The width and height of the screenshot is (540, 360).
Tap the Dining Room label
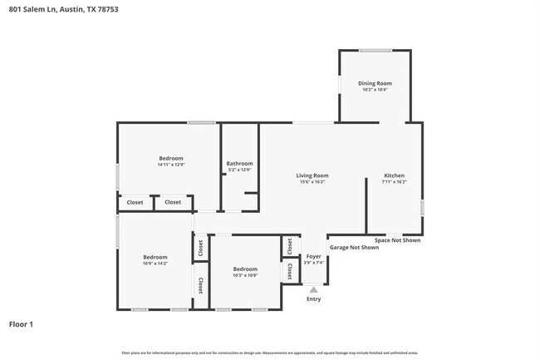coord(375,83)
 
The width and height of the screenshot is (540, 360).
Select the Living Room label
coord(313,175)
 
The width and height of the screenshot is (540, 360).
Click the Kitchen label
coord(394,175)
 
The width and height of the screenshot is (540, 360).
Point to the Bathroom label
coord(239,164)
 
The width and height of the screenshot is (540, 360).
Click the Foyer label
coord(313,257)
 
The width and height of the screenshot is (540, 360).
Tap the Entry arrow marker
coord(313,288)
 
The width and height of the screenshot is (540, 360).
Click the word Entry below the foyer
coord(313,298)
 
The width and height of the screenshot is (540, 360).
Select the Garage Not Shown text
coord(354,247)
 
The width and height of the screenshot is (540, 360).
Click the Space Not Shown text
coord(397,240)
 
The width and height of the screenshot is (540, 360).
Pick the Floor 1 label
coord(22,323)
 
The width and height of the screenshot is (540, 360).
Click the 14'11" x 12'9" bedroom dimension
coord(170,165)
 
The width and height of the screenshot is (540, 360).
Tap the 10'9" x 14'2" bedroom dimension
coord(155,263)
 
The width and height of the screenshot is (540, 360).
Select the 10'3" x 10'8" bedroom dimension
coord(245,275)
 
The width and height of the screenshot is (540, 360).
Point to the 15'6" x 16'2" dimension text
coord(313,182)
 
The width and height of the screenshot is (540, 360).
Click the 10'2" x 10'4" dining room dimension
coord(375,90)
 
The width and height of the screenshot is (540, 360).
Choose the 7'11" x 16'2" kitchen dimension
coord(394,182)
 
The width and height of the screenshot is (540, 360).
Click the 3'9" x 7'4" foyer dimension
coord(313,264)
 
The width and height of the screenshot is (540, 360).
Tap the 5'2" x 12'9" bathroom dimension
coord(239,170)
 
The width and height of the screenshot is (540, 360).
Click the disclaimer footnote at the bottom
coord(270,353)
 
